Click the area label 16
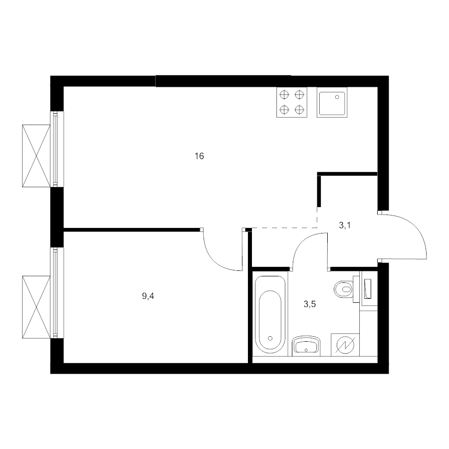(x=199, y=156)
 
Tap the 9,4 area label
(x=148, y=296)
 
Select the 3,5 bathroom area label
(x=309, y=304)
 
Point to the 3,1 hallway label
(x=345, y=225)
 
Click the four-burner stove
(x=292, y=102)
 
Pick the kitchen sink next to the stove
(x=332, y=102)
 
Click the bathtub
(x=270, y=315)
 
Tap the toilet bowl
(x=343, y=289)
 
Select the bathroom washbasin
(x=306, y=346)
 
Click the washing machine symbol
(x=345, y=345)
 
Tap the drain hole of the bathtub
(x=270, y=338)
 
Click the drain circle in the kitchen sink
(x=337, y=97)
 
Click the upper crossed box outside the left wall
(x=36, y=156)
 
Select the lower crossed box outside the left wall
(x=36, y=307)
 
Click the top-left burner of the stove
(x=284, y=94)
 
